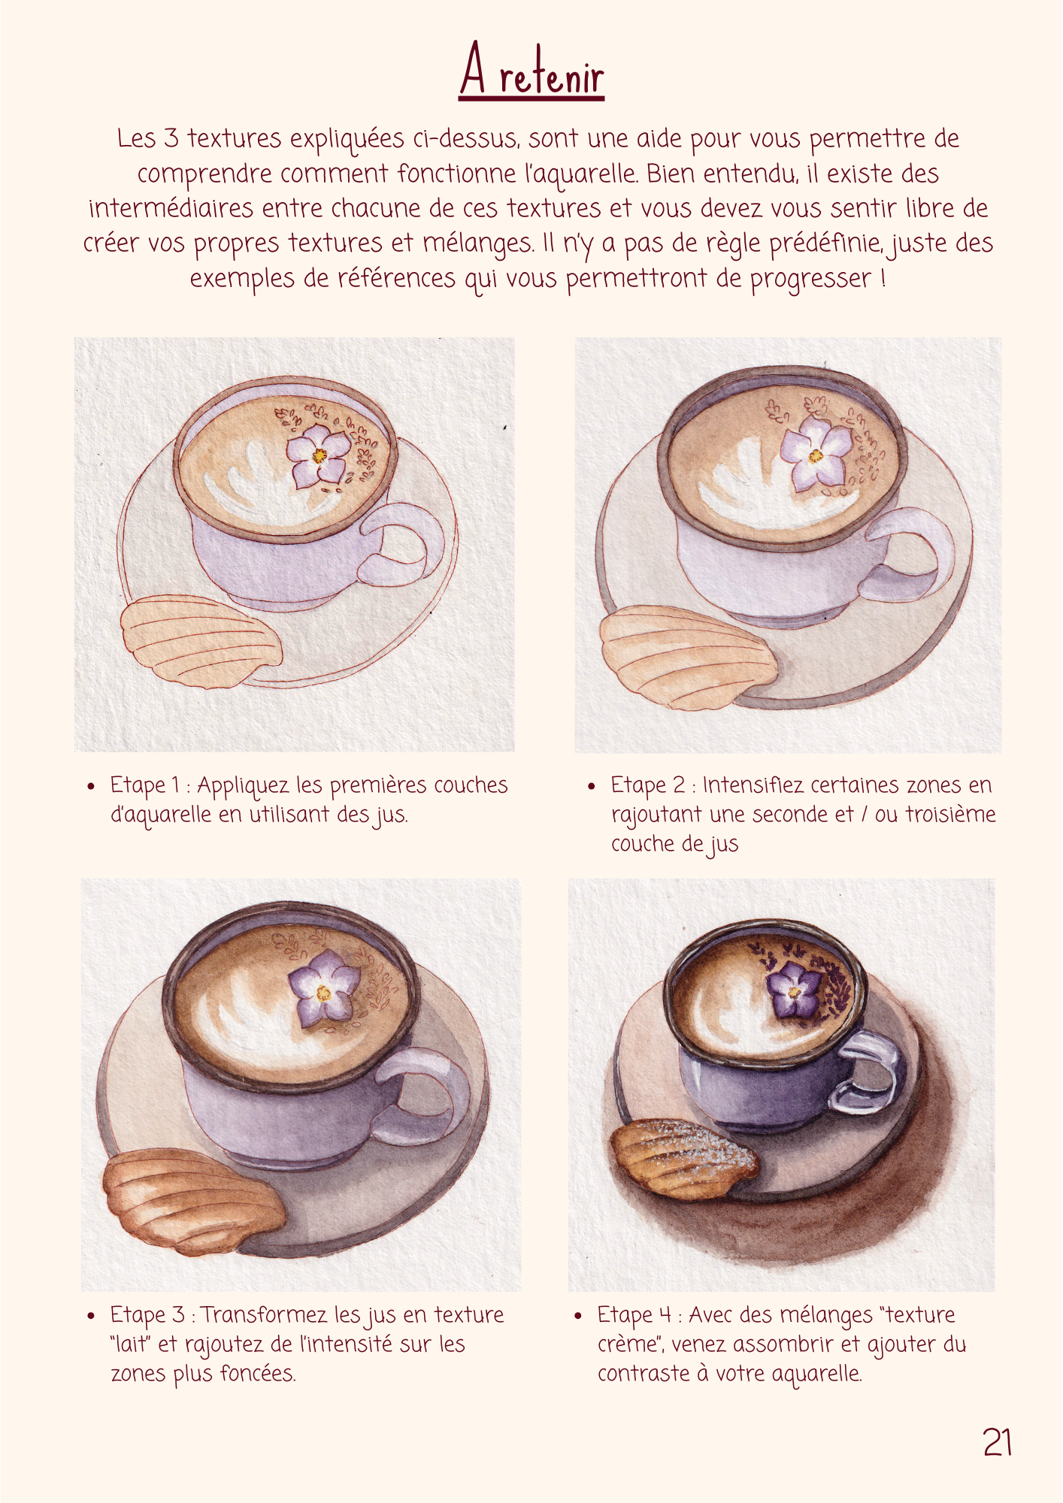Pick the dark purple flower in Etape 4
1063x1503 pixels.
point(795,989)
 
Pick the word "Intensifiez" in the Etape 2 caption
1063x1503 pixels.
point(752,785)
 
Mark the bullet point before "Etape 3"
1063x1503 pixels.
point(91,1316)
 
